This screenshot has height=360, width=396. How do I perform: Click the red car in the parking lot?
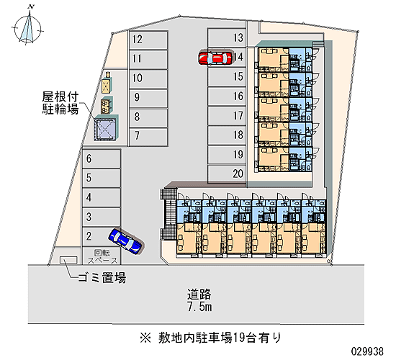point(215,58)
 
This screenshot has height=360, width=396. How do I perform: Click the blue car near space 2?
point(125,240)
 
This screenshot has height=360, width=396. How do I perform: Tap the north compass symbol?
point(28,27)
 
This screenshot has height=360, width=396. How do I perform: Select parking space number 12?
point(148,40)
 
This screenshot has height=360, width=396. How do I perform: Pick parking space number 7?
point(148,137)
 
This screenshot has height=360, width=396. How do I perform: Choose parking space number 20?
point(227,174)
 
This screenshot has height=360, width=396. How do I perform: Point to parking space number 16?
point(227,96)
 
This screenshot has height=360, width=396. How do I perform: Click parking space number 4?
point(101,197)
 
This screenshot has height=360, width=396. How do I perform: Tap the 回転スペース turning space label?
point(102,256)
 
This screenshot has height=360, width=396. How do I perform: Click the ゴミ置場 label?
point(102,278)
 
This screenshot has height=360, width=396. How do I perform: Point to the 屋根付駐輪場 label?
point(60,103)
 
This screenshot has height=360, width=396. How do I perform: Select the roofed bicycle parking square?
point(106,128)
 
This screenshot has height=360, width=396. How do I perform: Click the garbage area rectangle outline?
point(68,260)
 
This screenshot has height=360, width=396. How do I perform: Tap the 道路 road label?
point(199,294)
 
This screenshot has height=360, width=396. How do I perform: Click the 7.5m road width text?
point(199,307)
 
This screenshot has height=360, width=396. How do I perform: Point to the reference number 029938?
point(367,351)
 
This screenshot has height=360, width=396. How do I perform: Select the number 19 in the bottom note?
point(238,338)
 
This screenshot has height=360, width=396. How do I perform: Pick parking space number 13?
point(227,38)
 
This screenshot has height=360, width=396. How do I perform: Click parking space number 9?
point(148,98)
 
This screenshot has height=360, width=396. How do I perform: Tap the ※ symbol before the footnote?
point(145,338)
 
